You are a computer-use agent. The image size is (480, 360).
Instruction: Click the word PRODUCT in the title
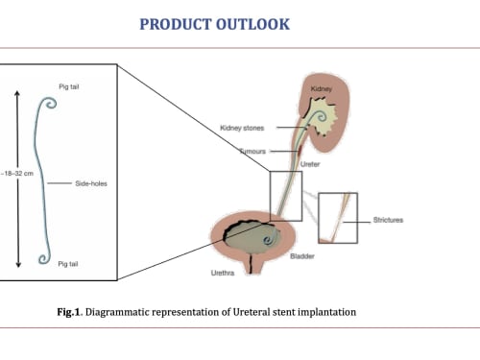[176, 24]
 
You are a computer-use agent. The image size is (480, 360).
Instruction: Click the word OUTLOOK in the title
[252, 24]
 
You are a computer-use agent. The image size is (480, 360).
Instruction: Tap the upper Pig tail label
[69, 86]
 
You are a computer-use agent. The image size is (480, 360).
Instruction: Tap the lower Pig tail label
[68, 264]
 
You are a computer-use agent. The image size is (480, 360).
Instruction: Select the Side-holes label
[91, 183]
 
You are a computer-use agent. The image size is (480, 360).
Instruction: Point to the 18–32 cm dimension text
[17, 174]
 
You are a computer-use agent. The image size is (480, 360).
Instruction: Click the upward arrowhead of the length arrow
[17, 93]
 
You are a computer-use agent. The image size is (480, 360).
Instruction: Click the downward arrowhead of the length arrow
[18, 264]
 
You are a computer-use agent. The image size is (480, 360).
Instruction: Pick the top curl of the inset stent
[50, 103]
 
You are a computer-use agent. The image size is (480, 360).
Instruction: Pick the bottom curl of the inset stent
[44, 258]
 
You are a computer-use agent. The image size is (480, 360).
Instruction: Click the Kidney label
[322, 88]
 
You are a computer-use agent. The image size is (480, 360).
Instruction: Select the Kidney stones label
[242, 128]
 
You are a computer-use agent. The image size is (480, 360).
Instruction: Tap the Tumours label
[252, 151]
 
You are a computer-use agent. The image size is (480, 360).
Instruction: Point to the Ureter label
[310, 164]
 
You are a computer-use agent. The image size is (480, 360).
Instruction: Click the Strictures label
[388, 220]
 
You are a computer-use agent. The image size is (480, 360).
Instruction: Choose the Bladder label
[302, 256]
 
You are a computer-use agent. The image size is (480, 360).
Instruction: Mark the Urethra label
[223, 273]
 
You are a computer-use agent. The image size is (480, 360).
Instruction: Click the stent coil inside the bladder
[269, 239]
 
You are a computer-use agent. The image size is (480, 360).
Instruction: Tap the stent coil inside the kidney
[321, 116]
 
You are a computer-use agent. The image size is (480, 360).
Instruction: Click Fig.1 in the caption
[68, 312]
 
